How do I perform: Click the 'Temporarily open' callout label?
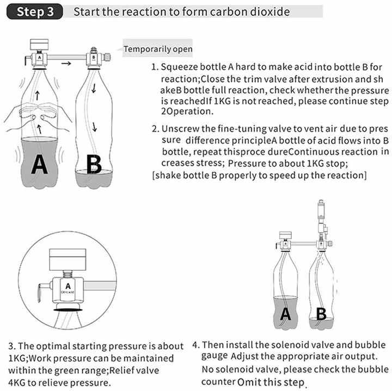click(158, 49)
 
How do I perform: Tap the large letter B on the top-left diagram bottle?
click(94, 163)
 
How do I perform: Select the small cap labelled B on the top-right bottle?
click(94, 57)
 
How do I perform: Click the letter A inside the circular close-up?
click(68, 285)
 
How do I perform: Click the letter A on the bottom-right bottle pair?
click(285, 314)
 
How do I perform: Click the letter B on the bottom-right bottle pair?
click(321, 314)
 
